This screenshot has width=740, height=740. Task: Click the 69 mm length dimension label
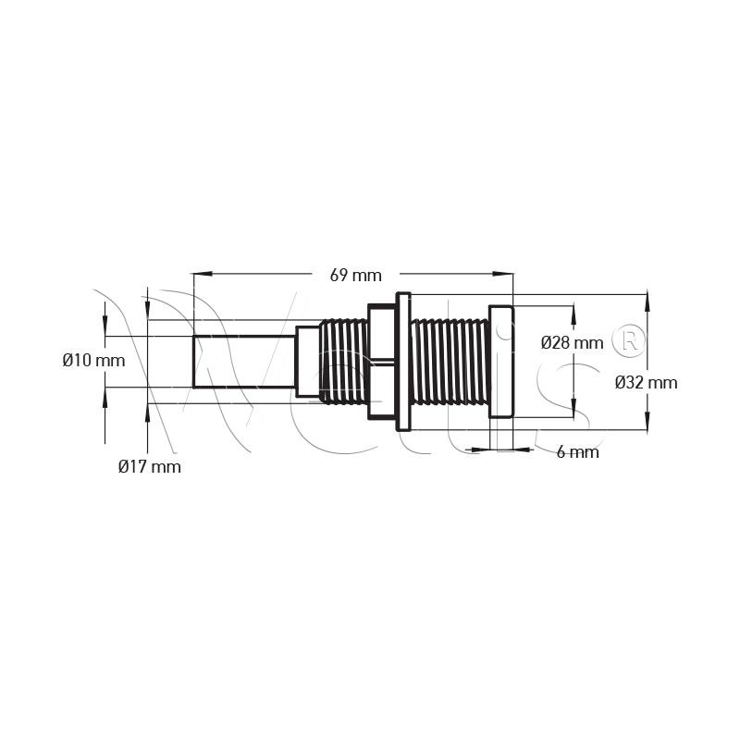click(355, 275)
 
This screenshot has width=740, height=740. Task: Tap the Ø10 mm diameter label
click(94, 361)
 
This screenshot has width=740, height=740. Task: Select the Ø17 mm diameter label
click(150, 467)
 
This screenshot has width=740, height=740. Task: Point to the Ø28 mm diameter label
click(572, 342)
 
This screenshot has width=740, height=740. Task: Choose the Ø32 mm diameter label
click(646, 382)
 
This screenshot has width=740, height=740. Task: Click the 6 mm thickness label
click(577, 452)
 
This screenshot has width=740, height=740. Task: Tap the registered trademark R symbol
click(628, 339)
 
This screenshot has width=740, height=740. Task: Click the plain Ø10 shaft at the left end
click(244, 362)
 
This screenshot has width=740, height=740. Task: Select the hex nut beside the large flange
click(382, 362)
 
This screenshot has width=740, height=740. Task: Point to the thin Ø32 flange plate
click(403, 362)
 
